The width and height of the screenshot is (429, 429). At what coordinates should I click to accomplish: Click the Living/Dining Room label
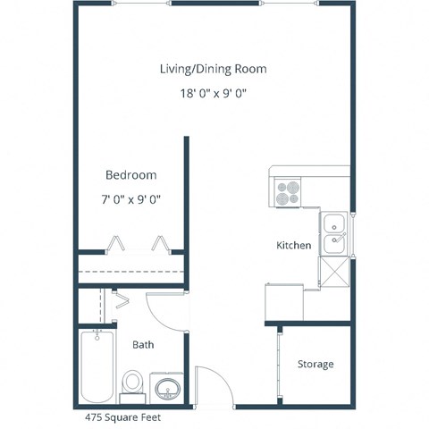(213, 69)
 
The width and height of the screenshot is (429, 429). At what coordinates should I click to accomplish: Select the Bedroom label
(130, 175)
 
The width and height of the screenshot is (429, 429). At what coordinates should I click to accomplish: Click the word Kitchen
(293, 245)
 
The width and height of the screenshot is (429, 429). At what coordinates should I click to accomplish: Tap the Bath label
(144, 344)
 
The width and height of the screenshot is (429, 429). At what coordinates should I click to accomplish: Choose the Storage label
(315, 364)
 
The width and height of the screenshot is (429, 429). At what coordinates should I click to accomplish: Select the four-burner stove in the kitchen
(288, 192)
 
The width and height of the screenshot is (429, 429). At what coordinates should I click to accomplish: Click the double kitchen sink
(335, 231)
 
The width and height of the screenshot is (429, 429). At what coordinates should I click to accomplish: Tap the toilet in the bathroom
(132, 383)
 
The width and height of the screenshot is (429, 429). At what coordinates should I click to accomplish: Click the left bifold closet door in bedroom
(116, 243)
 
